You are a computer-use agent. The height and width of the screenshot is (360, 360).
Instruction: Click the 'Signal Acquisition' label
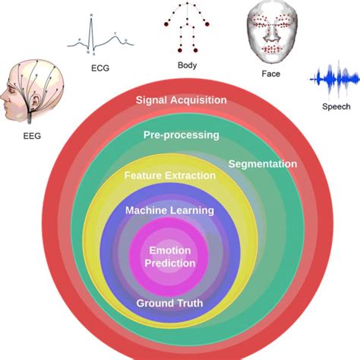click(181, 99)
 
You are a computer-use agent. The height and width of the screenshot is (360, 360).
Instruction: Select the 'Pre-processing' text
click(181, 134)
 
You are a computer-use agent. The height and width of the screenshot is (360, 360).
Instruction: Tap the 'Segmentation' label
click(263, 163)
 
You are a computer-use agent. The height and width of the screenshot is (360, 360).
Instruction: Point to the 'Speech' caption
click(334, 107)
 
